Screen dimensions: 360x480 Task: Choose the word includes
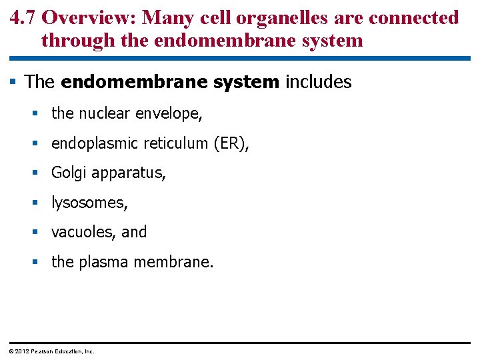pos(317,82)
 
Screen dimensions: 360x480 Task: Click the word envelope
pos(168,114)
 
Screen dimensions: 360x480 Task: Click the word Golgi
pos(69,173)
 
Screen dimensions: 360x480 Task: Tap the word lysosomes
pos(89,203)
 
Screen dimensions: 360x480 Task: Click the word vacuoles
pos(83,232)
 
